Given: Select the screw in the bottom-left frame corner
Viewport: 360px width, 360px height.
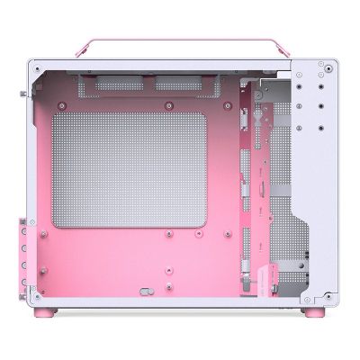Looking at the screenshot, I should click(x=34, y=293).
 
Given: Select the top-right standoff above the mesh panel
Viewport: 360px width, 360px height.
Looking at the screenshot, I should click(x=205, y=105).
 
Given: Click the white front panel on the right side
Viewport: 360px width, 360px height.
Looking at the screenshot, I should click(x=319, y=180).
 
